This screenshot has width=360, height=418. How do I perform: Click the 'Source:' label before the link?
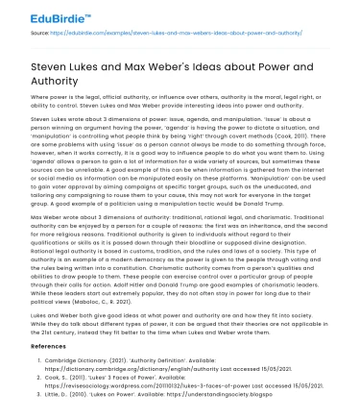pos(40,43)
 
